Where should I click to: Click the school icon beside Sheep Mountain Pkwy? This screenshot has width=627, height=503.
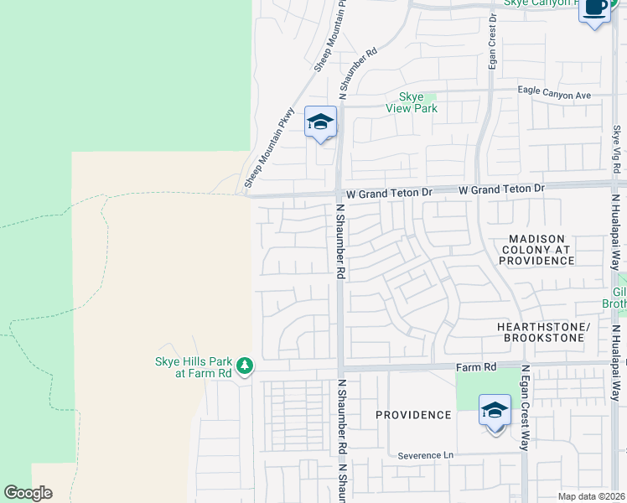point(320,123)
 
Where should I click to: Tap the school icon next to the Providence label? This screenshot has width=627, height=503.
point(495,412)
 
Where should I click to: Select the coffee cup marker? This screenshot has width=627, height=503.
point(594,8)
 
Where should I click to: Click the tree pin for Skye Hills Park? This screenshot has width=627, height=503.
point(244,366)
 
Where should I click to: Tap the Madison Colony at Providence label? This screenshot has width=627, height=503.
point(536,250)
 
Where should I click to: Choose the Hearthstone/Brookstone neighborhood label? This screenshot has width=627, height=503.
point(544,331)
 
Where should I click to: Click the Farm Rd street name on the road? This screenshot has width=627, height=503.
point(477,367)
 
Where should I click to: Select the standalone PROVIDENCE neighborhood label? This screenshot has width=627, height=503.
point(413,415)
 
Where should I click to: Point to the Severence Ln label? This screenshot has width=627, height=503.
point(425,455)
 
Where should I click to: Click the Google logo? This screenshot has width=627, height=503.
point(28,493)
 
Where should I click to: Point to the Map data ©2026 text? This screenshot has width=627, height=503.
point(591,496)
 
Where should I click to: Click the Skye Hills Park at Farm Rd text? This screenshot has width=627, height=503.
point(192,366)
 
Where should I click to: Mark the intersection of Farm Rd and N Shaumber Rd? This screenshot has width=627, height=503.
point(339,367)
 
